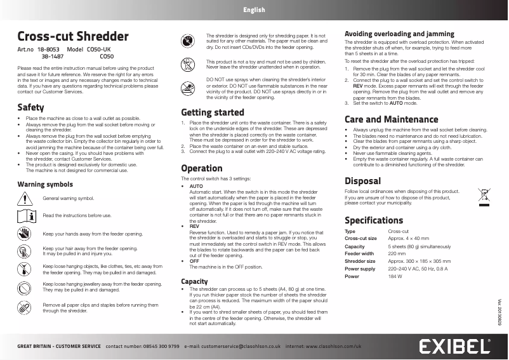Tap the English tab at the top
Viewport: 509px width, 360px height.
coord(254,10)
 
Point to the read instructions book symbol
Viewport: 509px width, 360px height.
coord(25,216)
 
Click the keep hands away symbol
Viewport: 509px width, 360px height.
coord(25,234)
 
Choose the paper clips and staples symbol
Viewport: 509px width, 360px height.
coord(25,307)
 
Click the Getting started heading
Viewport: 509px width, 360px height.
coord(213,112)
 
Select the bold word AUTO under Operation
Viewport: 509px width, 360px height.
coord(196,186)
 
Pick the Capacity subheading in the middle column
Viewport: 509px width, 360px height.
coord(194,281)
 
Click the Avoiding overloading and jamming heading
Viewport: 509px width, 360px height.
coord(399,34)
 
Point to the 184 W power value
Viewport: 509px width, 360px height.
coord(395,277)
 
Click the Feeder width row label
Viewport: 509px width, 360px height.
coord(360,253)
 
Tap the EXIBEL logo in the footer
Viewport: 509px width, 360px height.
coord(454,346)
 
